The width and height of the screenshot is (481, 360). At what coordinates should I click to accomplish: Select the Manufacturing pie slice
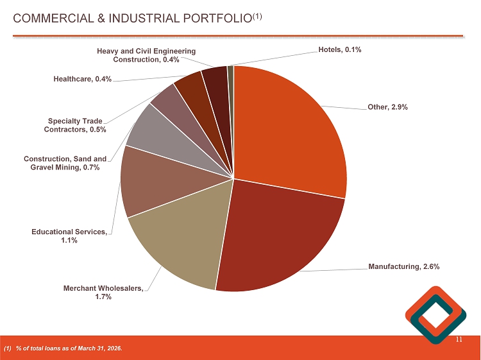pyautogui.click(x=282, y=237)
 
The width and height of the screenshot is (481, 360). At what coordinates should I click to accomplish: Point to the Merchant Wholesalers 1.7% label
pyautogui.click(x=103, y=292)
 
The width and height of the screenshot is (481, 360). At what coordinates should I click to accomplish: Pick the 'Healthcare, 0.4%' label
pyautogui.click(x=83, y=79)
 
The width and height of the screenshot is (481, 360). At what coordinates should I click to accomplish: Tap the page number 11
pyautogui.click(x=459, y=339)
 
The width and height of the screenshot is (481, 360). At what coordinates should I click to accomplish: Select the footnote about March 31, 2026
pyautogui.click(x=63, y=348)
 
